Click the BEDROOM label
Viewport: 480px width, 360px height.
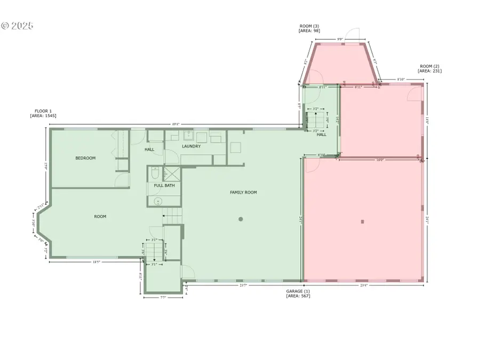click(x=85, y=158)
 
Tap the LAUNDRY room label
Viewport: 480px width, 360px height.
click(x=191, y=146)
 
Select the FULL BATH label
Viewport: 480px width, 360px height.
click(x=164, y=186)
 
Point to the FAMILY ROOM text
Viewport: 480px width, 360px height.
click(x=243, y=192)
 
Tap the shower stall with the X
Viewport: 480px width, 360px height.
click(x=172, y=173)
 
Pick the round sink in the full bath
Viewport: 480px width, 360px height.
click(x=158, y=201)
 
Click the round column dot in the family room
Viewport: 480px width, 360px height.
click(x=241, y=219)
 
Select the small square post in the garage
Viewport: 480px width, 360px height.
click(x=362, y=221)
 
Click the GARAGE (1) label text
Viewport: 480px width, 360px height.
click(x=298, y=291)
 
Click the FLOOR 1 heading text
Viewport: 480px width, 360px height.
click(x=43, y=111)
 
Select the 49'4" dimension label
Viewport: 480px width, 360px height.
click(x=176, y=124)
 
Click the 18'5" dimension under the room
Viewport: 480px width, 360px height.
click(x=97, y=262)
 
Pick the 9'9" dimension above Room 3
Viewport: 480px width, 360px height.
click(x=340, y=39)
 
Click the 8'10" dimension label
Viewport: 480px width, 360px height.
click(x=401, y=79)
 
